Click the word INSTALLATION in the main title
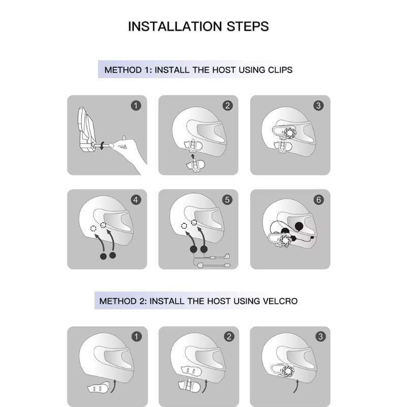point(175,26)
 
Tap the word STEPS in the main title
point(248,26)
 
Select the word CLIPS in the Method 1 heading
point(280,70)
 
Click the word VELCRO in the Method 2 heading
point(280,301)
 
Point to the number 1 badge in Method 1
point(136,106)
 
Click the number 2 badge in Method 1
point(227,106)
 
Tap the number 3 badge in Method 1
point(318,106)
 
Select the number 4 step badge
point(136,200)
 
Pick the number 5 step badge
point(227,200)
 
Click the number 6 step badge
point(318,200)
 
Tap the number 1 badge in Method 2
point(136,337)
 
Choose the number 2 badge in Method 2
point(228,337)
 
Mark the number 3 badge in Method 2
point(321,337)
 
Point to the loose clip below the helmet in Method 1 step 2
point(195,166)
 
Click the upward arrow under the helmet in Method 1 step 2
point(192,156)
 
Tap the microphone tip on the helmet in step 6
point(312,237)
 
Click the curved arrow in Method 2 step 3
point(296,387)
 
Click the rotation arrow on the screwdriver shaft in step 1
point(103,146)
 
